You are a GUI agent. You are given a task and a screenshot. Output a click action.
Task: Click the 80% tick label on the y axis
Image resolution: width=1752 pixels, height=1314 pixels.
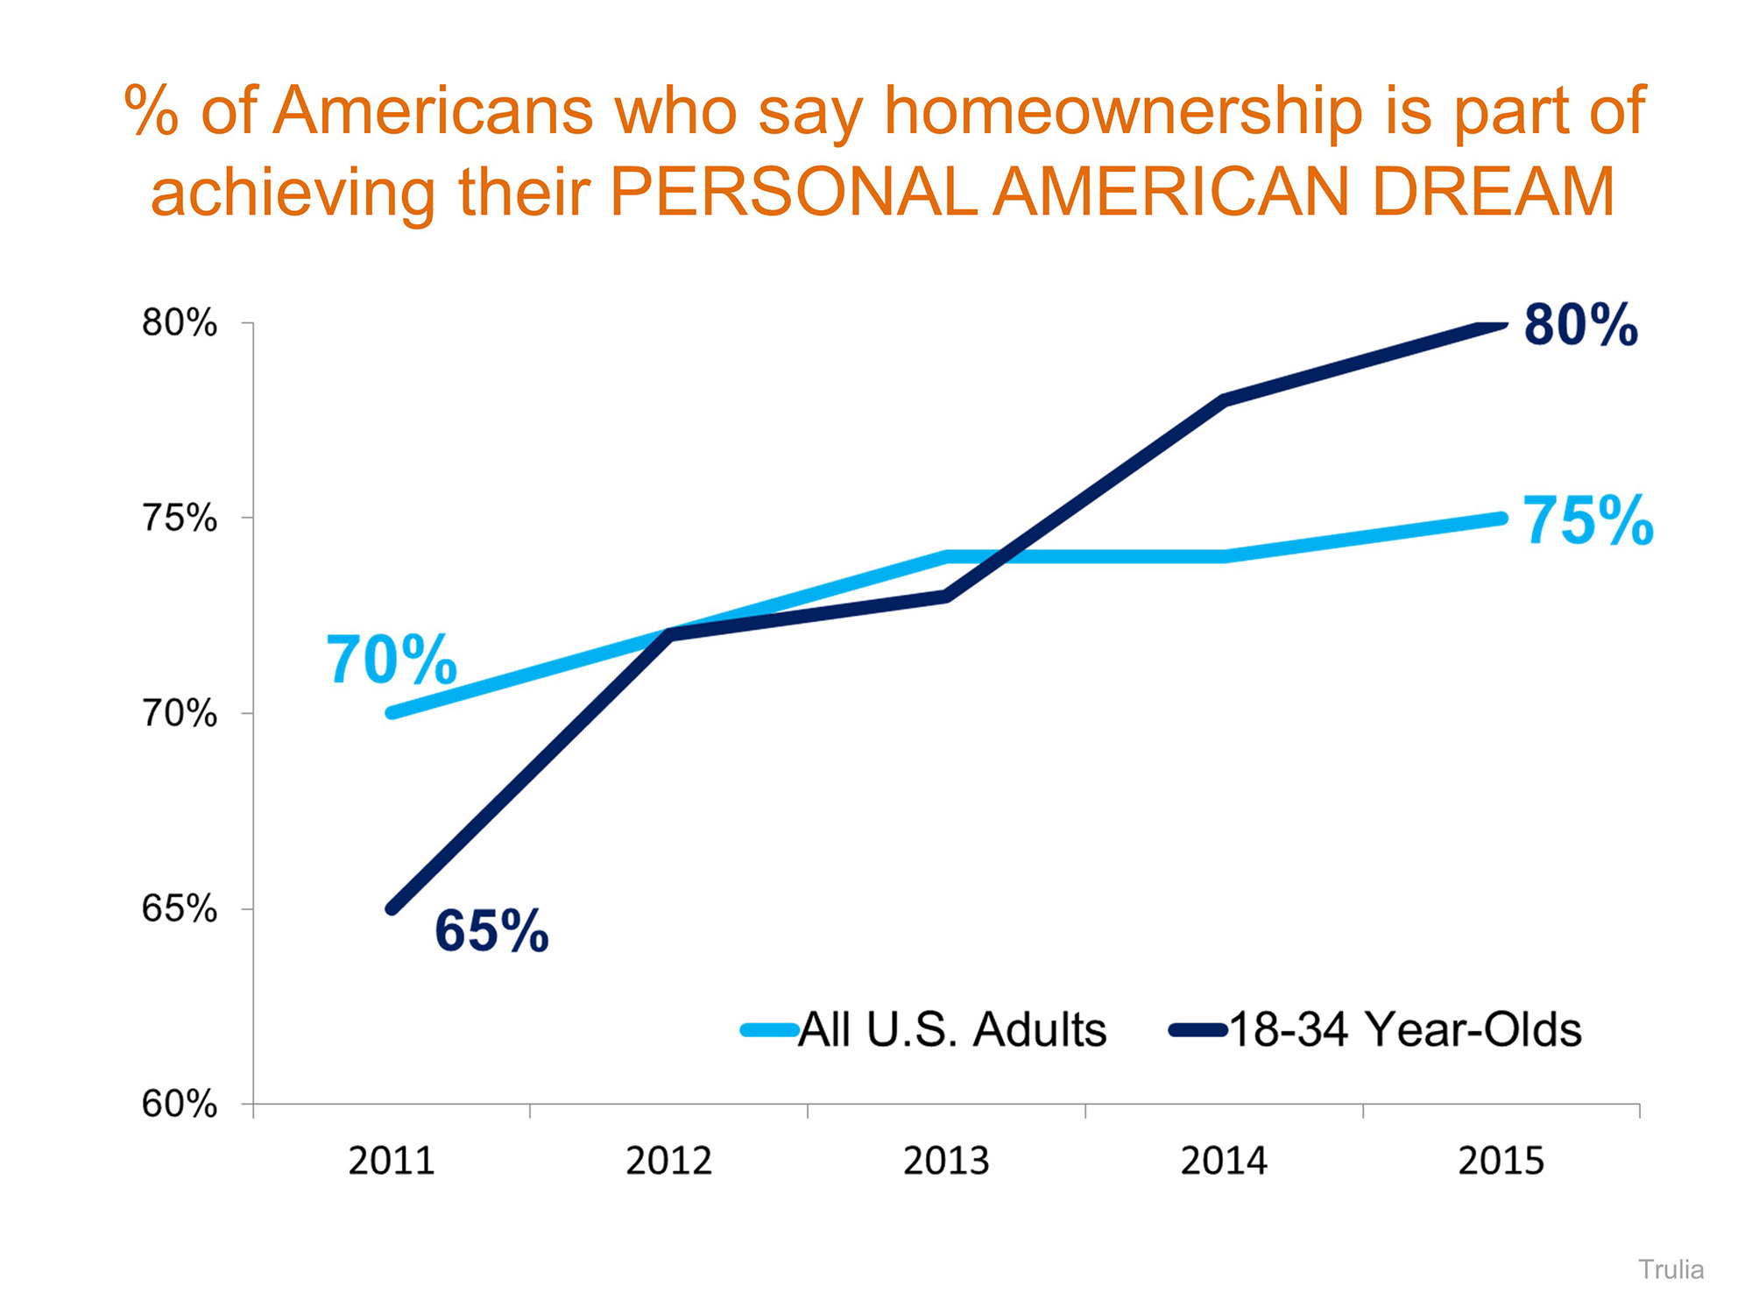coord(180,324)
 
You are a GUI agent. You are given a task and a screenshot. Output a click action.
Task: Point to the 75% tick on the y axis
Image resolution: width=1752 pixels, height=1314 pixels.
coord(180,519)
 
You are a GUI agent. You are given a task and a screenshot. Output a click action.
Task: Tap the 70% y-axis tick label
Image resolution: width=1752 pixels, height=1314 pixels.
coord(180,714)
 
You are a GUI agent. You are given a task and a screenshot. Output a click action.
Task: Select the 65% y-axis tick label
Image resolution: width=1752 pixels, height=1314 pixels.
coord(180,909)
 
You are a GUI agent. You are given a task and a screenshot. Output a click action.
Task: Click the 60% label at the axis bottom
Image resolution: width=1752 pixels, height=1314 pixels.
coord(180,1105)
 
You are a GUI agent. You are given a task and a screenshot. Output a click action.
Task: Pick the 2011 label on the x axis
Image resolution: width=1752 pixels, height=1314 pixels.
coord(392,1162)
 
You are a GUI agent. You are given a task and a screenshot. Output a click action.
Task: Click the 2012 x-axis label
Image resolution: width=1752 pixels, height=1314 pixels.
coord(669,1162)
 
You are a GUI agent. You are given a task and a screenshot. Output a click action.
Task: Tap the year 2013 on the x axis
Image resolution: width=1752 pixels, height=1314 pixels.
coord(947,1162)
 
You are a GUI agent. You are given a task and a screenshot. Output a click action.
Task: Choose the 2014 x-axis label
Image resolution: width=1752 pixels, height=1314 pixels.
coord(1224,1162)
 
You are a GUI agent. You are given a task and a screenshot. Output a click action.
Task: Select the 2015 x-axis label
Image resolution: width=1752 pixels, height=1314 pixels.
coord(1501,1162)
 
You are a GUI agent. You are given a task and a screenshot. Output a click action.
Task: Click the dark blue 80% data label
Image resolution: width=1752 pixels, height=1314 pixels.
coord(1581,326)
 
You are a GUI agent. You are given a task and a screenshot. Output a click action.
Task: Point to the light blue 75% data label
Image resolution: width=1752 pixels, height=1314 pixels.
coord(1588,521)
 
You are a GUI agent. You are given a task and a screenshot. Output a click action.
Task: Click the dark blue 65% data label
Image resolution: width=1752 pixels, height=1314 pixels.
coord(491,930)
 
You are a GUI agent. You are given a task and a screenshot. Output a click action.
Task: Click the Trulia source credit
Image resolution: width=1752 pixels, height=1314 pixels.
coord(1671,1269)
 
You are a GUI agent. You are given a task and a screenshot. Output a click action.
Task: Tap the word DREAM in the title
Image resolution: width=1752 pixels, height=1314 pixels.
coord(1493,193)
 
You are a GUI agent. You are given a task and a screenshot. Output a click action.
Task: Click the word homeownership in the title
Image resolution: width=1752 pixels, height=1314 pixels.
coord(1124,112)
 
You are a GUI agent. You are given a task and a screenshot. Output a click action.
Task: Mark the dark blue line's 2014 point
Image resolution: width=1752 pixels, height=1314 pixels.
coord(1224,400)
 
